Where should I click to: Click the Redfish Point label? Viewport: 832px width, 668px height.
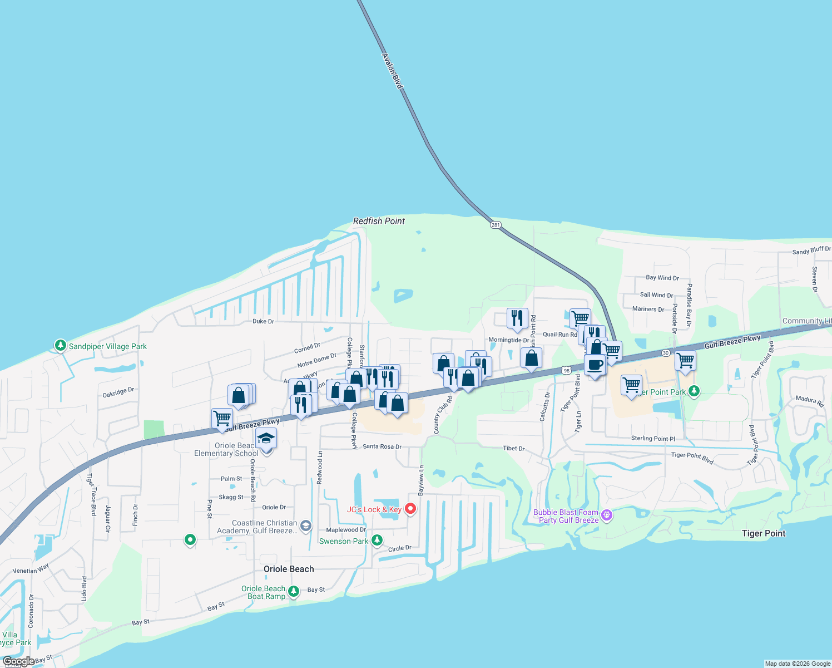tap(379, 221)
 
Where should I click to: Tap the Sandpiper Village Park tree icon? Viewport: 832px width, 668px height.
tap(61, 346)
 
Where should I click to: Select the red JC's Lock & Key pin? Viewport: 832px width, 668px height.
tap(410, 508)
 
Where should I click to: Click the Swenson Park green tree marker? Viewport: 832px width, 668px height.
tap(377, 540)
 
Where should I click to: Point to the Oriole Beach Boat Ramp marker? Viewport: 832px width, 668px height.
tap(294, 591)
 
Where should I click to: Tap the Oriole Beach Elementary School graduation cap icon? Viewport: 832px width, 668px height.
tap(266, 439)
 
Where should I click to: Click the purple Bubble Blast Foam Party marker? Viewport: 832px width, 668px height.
tap(607, 515)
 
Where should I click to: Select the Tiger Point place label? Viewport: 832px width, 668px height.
tap(764, 533)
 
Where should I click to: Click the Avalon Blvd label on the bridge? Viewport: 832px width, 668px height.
tap(392, 71)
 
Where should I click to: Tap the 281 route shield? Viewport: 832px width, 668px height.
tap(496, 225)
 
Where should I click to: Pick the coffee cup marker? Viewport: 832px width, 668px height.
tap(595, 365)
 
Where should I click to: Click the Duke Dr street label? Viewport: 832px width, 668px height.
tap(263, 321)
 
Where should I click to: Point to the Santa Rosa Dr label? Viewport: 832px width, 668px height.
tap(382, 446)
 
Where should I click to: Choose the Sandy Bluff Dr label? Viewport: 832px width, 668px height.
tap(811, 251)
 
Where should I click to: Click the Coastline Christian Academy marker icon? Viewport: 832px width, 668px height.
tap(305, 525)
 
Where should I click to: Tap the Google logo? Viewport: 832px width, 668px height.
tap(18, 661)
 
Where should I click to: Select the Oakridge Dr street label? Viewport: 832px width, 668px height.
tap(118, 392)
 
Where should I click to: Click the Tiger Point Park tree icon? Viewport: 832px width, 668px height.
tap(694, 391)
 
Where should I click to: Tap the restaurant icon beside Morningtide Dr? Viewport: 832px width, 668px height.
tap(517, 319)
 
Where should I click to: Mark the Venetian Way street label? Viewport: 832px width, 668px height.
tap(31, 569)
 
